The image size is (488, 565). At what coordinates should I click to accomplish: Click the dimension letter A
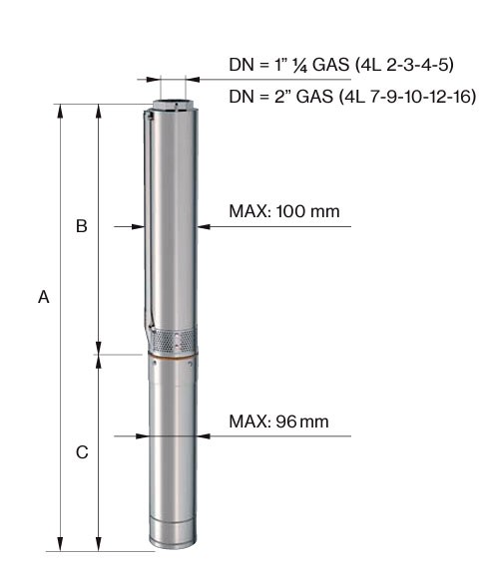[43, 297]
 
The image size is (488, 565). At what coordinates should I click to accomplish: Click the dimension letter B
[82, 227]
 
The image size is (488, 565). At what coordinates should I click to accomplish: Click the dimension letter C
[82, 451]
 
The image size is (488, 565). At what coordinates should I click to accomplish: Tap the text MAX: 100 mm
[284, 212]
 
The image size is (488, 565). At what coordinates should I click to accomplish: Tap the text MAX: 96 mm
[278, 422]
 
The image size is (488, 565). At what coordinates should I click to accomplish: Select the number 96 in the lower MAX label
[285, 422]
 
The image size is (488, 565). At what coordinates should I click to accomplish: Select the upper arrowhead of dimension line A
[61, 110]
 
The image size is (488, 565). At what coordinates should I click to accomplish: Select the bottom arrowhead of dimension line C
[97, 544]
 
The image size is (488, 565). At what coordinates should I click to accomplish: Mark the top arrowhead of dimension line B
[97, 110]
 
